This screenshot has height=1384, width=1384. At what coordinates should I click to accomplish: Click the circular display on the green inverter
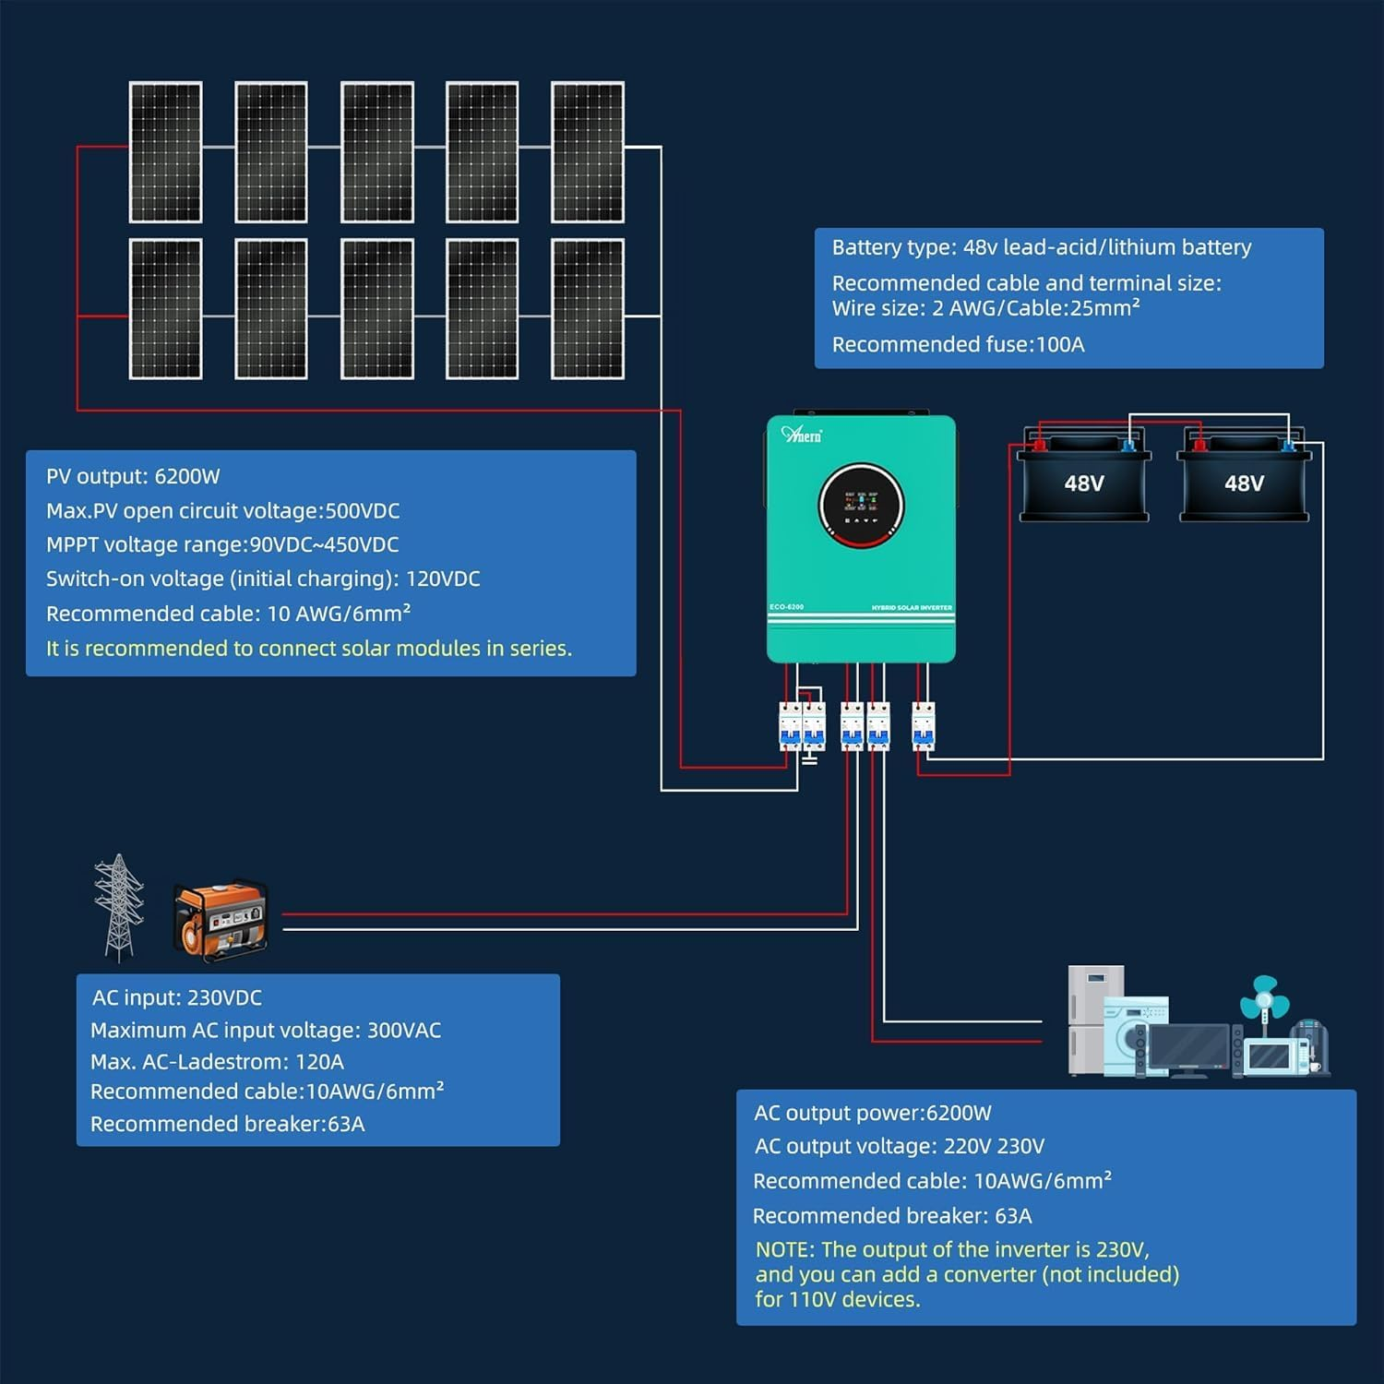coord(861,505)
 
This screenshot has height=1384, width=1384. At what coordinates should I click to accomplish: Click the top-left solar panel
coord(166,152)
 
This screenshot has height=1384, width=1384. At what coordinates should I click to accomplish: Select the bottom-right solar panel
coord(587,309)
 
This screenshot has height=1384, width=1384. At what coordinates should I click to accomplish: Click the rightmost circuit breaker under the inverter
coord(924,726)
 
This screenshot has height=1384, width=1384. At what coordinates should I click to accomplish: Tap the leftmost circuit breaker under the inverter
coord(790,726)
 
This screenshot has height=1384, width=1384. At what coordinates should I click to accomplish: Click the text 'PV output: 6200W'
coord(133,477)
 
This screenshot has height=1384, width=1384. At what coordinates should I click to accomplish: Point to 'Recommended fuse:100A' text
coord(958,345)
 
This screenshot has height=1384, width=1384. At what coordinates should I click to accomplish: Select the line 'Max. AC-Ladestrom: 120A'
coord(217,1062)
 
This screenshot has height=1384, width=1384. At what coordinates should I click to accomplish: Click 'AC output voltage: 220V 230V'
coord(899,1147)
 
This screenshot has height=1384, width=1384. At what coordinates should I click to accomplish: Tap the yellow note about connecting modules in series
coord(309,649)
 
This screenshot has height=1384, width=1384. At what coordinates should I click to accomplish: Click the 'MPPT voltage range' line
coord(222,545)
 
